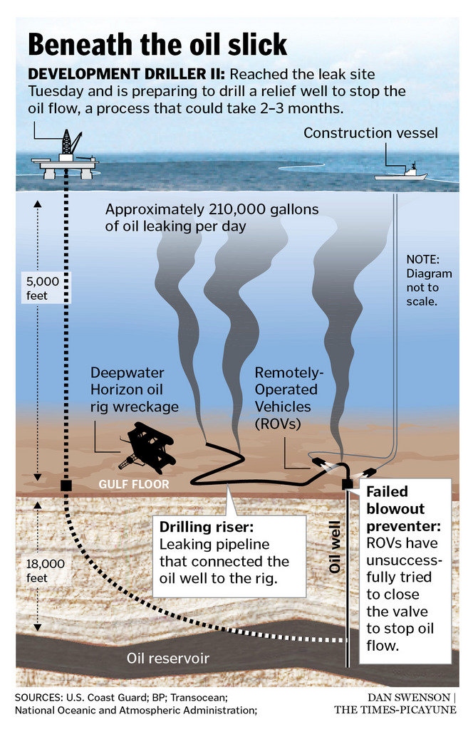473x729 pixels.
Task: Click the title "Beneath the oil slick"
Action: coord(157,45)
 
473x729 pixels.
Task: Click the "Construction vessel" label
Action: coord(370,133)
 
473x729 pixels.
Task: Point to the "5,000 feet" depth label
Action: coord(43,288)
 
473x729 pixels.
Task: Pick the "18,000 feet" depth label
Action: coord(45,571)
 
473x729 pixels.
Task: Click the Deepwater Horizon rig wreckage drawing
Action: coord(147,447)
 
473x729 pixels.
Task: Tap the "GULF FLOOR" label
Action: coord(134,484)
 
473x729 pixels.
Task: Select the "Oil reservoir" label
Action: coord(168,659)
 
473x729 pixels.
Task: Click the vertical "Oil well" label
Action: coord(335,547)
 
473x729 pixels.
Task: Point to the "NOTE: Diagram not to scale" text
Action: coord(429,280)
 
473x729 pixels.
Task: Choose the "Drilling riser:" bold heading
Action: coord(207,528)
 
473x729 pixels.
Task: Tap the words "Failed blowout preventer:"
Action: coord(403,508)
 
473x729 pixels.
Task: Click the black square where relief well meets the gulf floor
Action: coord(66,486)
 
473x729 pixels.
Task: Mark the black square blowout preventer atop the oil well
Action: coord(348,484)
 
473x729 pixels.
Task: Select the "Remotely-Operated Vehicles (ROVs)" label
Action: coord(289,398)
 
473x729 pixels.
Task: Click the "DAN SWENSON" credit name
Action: coord(408,698)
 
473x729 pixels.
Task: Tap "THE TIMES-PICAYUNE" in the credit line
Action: coord(395,710)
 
